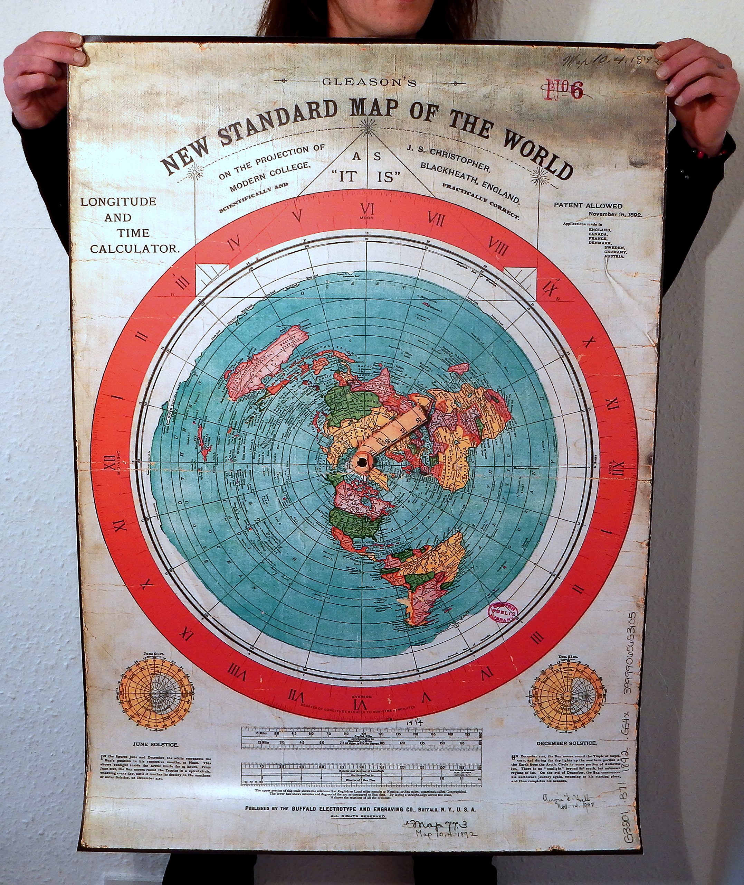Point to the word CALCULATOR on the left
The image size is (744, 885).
(x=135, y=249)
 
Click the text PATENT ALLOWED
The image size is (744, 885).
(x=588, y=206)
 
